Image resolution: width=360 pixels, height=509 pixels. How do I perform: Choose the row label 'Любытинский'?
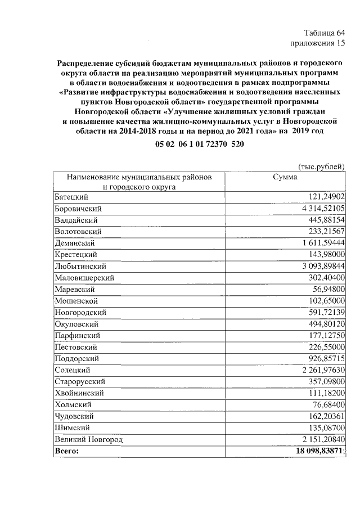[80, 266]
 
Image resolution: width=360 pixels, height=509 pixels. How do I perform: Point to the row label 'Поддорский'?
[76, 358]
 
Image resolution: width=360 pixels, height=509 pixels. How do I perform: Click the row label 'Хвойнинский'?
[79, 393]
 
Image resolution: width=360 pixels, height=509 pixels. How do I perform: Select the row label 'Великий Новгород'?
[88, 439]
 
